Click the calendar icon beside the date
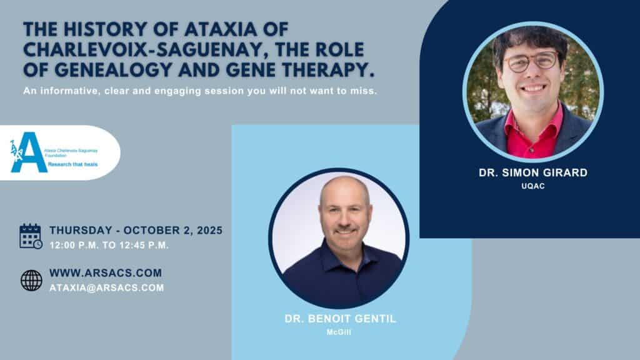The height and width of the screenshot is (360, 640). pos(31,236)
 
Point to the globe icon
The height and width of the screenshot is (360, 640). pos(31,280)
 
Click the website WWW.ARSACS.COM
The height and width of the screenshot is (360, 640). pos(106,272)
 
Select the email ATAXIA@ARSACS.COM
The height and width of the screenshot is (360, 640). pos(107,287)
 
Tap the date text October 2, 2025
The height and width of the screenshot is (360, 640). pos(173,230)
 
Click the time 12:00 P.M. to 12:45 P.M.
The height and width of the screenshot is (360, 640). pos(109,245)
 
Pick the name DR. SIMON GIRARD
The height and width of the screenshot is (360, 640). pos(533,172)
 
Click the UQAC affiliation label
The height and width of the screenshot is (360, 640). pos(533,186)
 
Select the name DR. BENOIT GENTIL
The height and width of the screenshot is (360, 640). pos(341,319)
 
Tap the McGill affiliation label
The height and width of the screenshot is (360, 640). pos(339,332)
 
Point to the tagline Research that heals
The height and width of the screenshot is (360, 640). pos(72,164)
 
